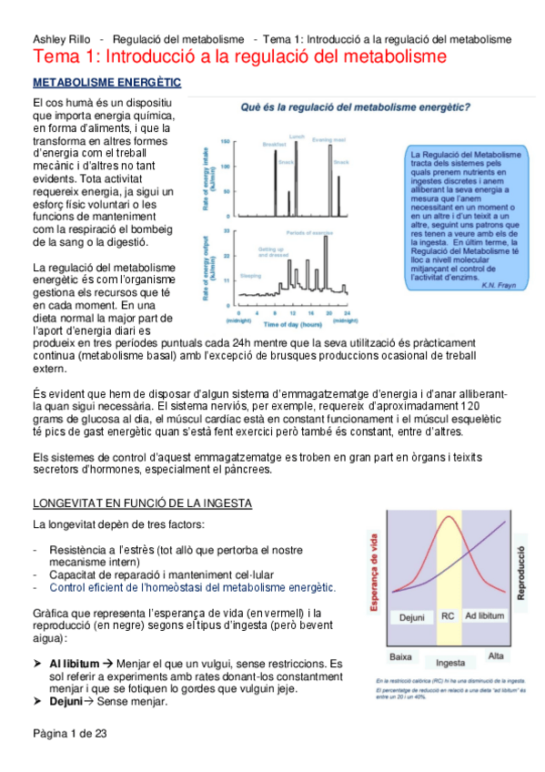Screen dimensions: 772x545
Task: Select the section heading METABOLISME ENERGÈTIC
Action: click(x=106, y=82)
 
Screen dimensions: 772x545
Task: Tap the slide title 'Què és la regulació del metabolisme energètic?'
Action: click(x=354, y=107)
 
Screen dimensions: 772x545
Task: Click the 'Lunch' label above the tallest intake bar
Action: click(x=295, y=135)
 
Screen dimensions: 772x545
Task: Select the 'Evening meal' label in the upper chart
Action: click(x=328, y=139)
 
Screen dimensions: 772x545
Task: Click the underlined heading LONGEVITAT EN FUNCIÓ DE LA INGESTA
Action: click(x=142, y=503)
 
